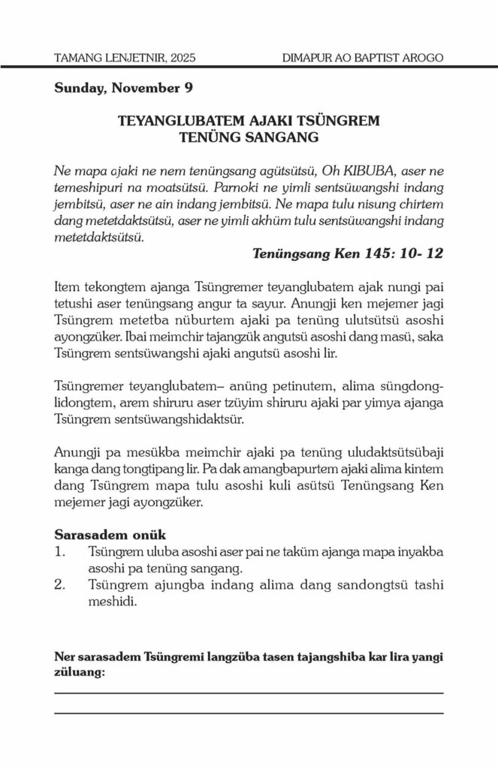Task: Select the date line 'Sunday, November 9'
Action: click(x=123, y=88)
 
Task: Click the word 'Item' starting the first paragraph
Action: click(x=68, y=287)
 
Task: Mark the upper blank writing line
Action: click(x=249, y=694)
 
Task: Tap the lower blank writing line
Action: click(x=249, y=712)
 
